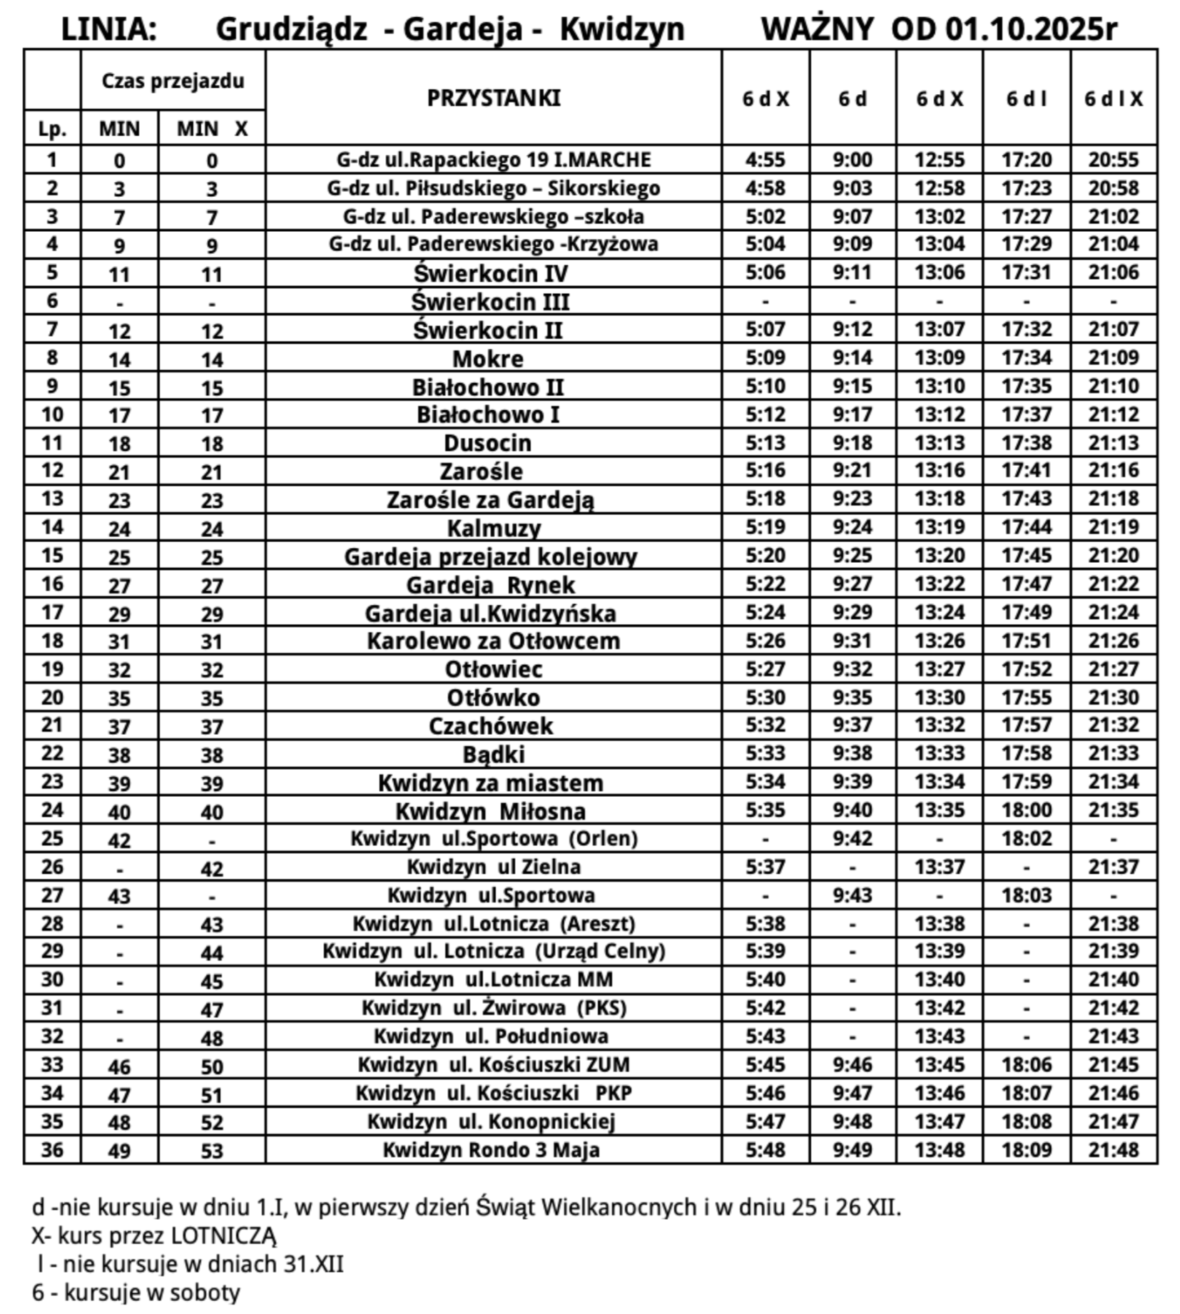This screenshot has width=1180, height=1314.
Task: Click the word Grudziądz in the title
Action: tap(291, 30)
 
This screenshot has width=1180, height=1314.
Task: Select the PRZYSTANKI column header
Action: tap(494, 98)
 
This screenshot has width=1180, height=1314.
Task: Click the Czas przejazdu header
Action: tap(173, 81)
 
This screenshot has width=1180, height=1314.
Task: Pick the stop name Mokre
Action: tap(488, 359)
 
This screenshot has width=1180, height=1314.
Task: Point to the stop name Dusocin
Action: tap(487, 443)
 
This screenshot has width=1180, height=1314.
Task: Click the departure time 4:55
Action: tap(765, 160)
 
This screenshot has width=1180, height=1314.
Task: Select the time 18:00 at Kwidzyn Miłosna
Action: tap(1026, 810)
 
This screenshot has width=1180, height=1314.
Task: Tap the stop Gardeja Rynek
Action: tap(490, 585)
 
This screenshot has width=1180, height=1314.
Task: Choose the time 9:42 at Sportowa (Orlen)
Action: tap(852, 838)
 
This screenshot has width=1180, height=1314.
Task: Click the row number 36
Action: tap(52, 1149)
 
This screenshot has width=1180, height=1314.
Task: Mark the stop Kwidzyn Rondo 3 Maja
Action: tap(491, 1150)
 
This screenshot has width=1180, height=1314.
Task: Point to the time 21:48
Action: tap(1113, 1150)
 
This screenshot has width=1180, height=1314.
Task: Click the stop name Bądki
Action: tap(494, 754)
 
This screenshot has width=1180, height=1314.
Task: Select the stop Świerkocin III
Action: tap(490, 302)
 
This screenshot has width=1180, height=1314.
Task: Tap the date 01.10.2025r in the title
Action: tap(1031, 30)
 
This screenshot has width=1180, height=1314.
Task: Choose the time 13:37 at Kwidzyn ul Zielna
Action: tap(939, 867)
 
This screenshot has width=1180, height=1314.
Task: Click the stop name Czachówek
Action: tap(490, 726)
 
